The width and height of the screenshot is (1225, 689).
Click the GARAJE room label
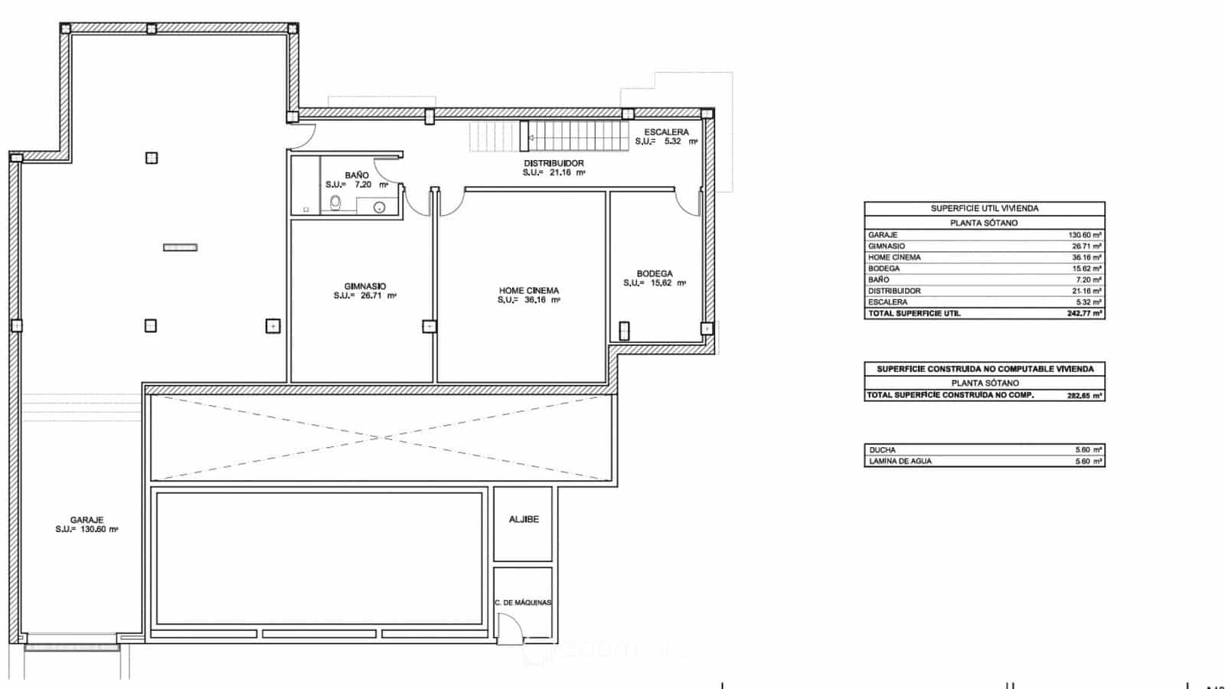tap(87, 520)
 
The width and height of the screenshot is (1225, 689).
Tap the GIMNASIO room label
tap(364, 286)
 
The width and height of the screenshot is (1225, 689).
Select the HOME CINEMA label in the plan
tap(528, 291)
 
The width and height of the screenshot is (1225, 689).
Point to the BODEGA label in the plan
tap(655, 273)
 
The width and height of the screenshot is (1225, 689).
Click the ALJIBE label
tap(524, 519)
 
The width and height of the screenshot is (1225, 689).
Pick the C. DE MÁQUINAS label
tap(523, 602)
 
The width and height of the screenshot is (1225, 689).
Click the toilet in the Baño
tap(335, 203)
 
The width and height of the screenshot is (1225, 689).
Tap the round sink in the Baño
tap(379, 207)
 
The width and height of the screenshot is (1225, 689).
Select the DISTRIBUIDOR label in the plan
tap(554, 163)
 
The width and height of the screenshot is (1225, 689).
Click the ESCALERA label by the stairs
tap(666, 132)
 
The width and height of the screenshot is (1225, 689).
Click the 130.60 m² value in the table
tap(1085, 235)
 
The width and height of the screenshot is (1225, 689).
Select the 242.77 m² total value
tap(1085, 313)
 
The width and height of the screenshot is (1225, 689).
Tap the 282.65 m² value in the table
tap(1085, 396)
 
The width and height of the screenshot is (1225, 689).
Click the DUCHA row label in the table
tap(882, 450)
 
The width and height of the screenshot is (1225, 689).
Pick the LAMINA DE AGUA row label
tap(900, 462)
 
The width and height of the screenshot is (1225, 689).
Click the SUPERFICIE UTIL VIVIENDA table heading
tap(985, 208)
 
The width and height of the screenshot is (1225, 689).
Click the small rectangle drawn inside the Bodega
tap(624, 331)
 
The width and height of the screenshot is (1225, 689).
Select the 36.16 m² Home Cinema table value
tap(1086, 257)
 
